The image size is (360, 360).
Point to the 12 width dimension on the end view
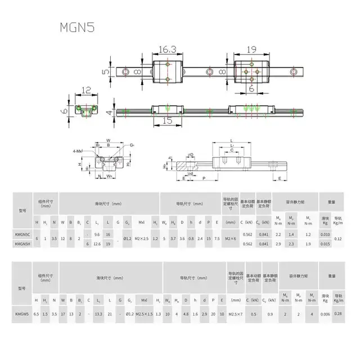click(85, 90)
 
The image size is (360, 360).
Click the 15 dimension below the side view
click(167, 119)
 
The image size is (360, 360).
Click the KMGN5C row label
click(23, 234)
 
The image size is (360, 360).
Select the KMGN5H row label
click(23, 244)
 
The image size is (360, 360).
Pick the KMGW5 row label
click(23, 313)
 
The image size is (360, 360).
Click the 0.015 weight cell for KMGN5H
click(325, 244)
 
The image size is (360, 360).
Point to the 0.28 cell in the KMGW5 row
click(338, 313)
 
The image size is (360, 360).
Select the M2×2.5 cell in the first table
click(142, 238)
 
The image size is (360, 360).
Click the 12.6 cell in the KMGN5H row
click(97, 244)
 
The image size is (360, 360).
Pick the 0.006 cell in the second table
click(325, 313)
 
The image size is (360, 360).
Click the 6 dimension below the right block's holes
click(251, 89)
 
